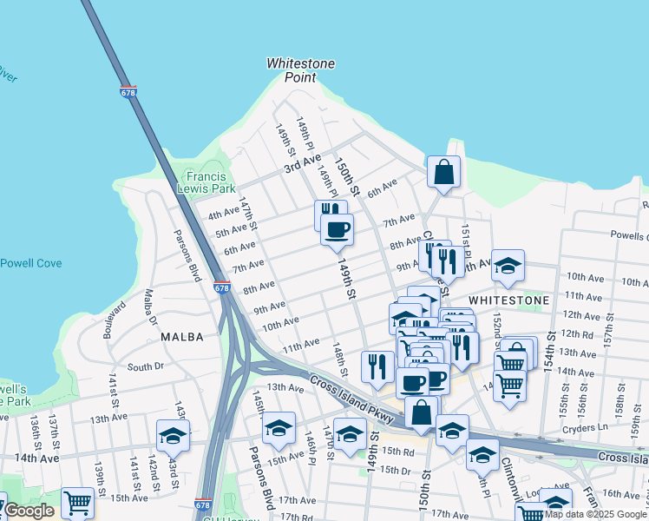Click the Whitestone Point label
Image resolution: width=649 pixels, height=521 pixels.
300,70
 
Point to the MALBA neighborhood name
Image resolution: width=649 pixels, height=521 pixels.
182,336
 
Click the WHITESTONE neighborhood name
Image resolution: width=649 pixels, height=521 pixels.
508,300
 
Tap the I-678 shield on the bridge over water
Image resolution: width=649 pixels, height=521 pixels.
129,91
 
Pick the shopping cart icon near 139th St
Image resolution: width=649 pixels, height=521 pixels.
77,501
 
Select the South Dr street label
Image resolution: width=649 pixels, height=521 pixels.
145,367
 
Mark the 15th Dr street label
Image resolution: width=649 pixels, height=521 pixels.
395,470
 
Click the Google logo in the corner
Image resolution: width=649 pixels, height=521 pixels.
29,511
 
